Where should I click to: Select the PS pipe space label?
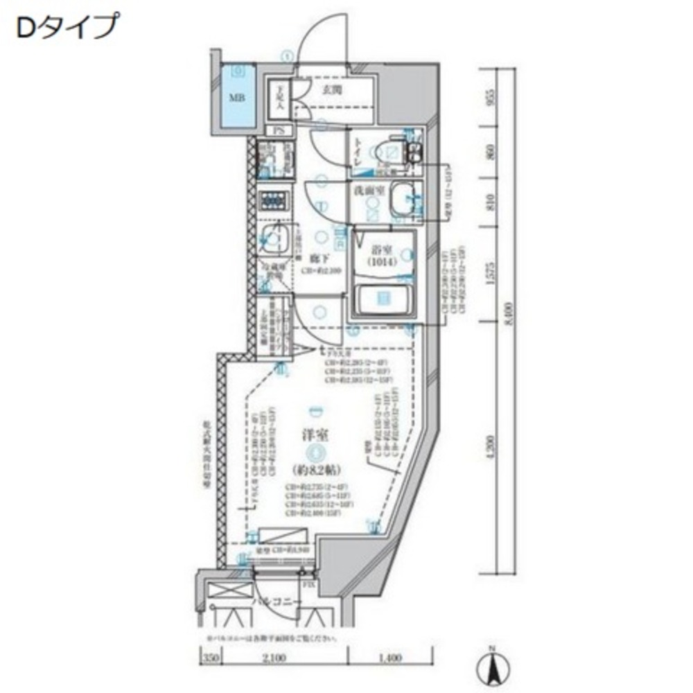coord(279,130)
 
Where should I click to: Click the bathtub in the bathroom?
coord(383,300)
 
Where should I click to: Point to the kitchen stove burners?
coord(274,201)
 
